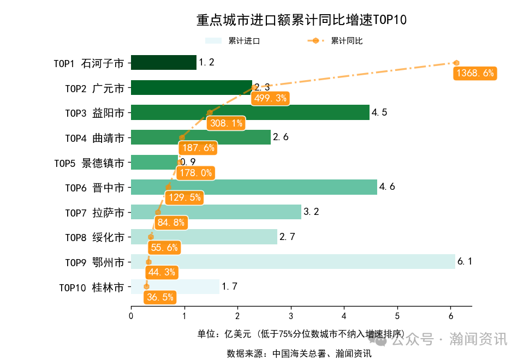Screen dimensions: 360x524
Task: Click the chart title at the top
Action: point(301,20)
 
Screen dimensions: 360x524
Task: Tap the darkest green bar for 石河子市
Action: point(163,63)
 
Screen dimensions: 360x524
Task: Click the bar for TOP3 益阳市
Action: point(250,112)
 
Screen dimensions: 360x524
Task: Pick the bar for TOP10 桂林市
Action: point(175,286)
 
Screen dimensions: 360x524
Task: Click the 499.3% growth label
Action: point(270,98)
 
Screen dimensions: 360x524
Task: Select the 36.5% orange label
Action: point(160,297)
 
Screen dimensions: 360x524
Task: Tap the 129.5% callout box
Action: point(185,198)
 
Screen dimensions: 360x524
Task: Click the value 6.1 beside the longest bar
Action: point(465,262)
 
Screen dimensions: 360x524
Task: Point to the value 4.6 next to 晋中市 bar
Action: point(387,187)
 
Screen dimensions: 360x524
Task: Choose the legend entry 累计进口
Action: point(243,41)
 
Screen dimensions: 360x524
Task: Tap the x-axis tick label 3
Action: point(291,316)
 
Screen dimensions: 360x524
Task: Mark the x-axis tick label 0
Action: point(131,316)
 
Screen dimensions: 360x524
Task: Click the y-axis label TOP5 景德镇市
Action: point(89,163)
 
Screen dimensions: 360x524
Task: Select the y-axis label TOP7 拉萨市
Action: point(94,212)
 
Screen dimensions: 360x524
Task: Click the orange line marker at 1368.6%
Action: point(456,63)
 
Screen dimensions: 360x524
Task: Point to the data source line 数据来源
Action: point(299,353)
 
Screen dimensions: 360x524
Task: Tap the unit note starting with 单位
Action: point(301,334)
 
